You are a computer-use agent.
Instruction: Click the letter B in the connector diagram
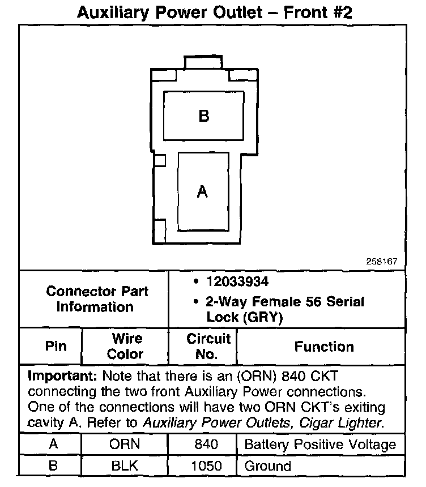click(204, 116)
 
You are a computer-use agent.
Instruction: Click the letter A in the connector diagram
click(202, 193)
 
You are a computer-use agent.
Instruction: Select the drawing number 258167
click(382, 262)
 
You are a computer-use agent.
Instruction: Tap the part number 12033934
click(238, 282)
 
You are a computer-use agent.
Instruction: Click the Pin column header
click(56, 346)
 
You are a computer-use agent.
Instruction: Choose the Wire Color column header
click(125, 346)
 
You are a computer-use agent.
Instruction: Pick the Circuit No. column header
click(208, 346)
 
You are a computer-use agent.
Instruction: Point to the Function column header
click(324, 347)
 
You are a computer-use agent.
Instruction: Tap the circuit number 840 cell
click(206, 444)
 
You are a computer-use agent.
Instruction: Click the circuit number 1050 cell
click(206, 466)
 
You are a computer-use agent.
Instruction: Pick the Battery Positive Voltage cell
click(320, 444)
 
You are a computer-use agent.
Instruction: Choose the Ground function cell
click(267, 466)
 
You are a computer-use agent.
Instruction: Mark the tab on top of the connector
click(204, 62)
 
